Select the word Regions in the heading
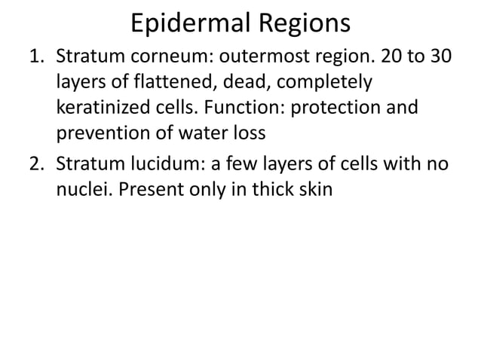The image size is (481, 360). [307, 23]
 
